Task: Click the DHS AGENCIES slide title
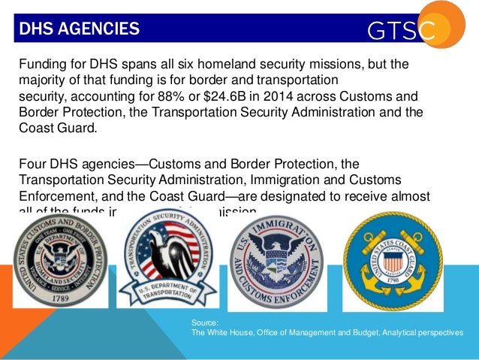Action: [x=79, y=29]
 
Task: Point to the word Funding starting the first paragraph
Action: [x=41, y=65]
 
